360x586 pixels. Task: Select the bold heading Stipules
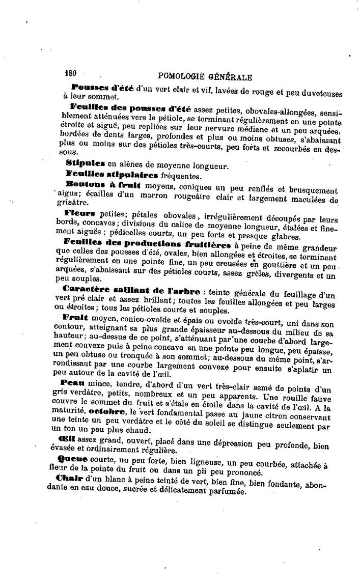pyautogui.click(x=85, y=163)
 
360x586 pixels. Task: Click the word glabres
pyautogui.click(x=285, y=237)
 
